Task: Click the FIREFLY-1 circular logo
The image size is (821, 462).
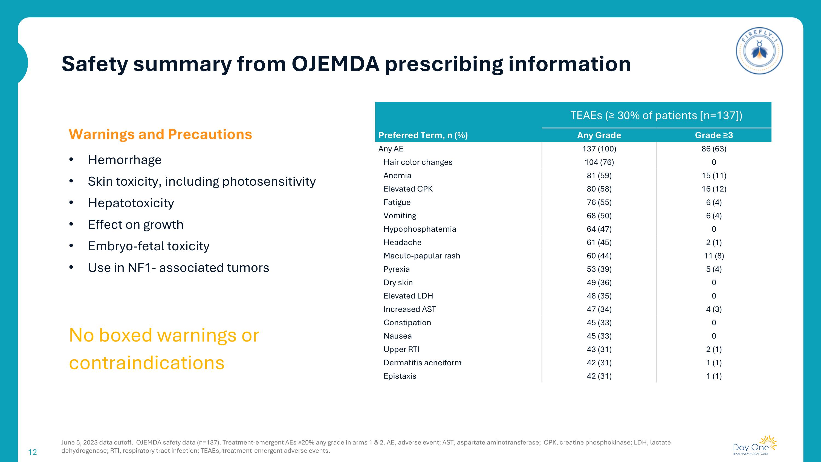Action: click(759, 51)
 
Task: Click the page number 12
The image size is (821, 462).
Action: click(33, 452)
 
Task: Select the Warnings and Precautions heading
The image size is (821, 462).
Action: click(160, 134)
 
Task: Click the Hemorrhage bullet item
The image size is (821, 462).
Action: click(125, 160)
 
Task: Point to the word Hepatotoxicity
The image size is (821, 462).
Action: click(131, 203)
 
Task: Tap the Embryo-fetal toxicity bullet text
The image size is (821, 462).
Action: click(149, 246)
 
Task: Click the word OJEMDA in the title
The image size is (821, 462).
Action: click(335, 64)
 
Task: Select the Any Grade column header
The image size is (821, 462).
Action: click(599, 135)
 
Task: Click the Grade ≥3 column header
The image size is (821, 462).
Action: click(714, 135)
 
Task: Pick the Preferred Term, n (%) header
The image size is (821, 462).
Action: click(423, 135)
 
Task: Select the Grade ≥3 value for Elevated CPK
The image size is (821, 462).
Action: click(714, 189)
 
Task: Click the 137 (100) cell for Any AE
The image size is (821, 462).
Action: click(599, 149)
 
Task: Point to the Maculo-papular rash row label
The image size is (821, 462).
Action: click(422, 256)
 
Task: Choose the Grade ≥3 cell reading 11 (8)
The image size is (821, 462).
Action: click(714, 256)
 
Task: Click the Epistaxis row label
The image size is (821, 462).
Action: click(400, 376)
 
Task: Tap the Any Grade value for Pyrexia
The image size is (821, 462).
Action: click(599, 269)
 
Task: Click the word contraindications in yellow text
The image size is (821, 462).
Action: click(147, 363)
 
